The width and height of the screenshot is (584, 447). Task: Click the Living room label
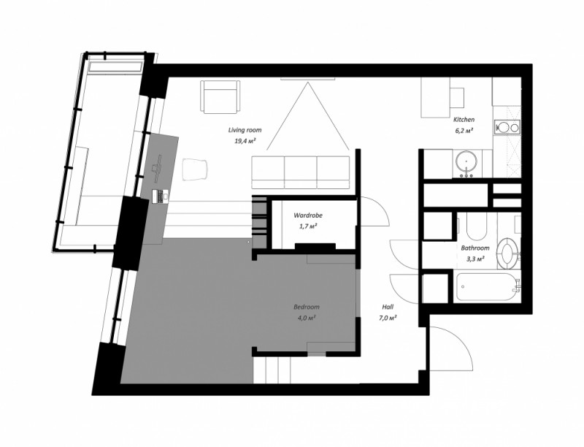tap(245, 130)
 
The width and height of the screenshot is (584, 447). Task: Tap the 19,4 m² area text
tap(245, 141)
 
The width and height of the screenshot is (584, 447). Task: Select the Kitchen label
tap(464, 120)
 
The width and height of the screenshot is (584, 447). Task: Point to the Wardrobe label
tap(308, 215)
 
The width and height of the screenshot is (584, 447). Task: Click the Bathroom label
tap(475, 248)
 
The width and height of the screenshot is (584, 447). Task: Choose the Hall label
tap(388, 307)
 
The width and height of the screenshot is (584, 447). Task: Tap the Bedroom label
tap(307, 307)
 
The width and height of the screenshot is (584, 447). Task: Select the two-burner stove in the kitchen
tap(507, 128)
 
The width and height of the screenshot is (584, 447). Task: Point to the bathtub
tap(488, 286)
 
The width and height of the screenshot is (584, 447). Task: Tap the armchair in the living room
tap(220, 96)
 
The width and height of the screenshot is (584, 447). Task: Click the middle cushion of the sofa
tap(301, 172)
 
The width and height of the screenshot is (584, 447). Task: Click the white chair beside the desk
tap(195, 169)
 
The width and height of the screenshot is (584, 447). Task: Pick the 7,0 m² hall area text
tap(388, 318)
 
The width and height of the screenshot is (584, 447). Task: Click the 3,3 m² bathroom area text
tap(475, 258)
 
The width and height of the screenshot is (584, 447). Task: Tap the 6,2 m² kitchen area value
tap(464, 130)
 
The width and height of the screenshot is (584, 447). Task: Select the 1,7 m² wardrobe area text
tap(308, 226)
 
